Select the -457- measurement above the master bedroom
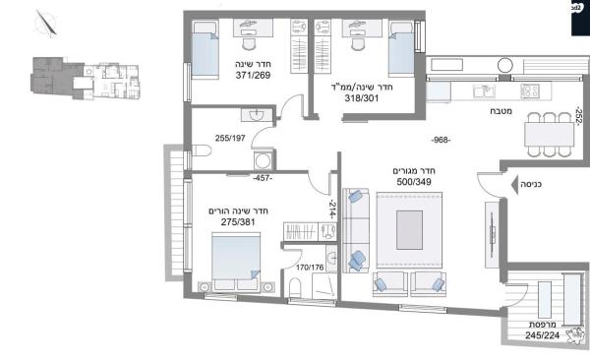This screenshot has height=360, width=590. (262, 179)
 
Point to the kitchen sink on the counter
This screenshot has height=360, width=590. (483, 91)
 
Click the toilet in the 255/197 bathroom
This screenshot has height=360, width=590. (198, 150)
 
